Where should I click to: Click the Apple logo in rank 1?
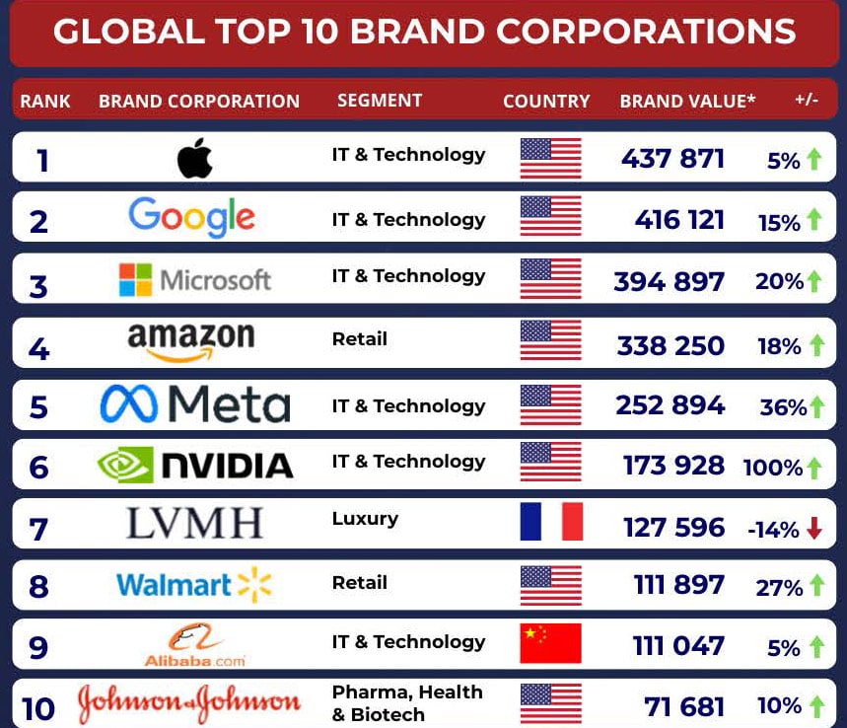point(195,158)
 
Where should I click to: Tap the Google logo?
point(191,218)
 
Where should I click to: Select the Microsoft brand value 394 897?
point(669,282)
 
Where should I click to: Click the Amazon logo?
point(191,342)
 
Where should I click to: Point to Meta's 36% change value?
point(783,406)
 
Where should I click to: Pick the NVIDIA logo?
point(195,465)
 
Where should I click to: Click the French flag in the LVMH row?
point(551,522)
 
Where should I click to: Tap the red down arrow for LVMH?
point(814,529)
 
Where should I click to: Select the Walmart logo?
point(193,585)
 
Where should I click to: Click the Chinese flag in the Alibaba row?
point(550,643)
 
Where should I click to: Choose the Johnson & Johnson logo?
point(189,703)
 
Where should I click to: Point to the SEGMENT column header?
point(380,101)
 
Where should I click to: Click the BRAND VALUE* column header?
point(687,101)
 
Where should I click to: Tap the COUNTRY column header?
point(546,101)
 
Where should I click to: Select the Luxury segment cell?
point(365,518)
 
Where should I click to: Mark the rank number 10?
point(38,709)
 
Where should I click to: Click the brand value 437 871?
point(672,159)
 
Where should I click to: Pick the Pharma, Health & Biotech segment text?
point(407,702)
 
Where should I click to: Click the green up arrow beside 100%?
point(814,467)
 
